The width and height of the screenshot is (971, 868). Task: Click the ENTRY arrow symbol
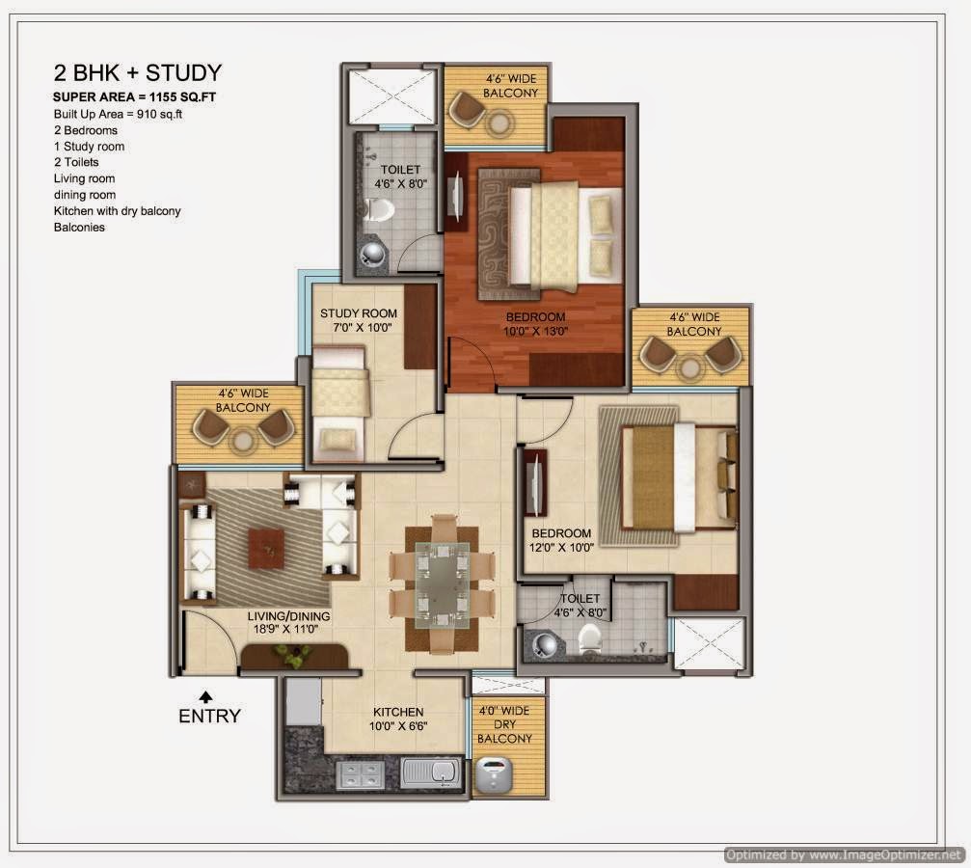[x=206, y=697]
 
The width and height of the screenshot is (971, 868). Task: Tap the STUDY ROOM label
[x=359, y=313]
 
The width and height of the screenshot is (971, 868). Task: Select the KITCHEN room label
[x=398, y=713]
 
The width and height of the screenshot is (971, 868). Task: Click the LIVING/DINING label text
[x=288, y=616]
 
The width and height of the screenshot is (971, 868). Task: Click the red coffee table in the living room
[x=266, y=549]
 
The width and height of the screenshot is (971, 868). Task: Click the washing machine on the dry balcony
[x=494, y=774]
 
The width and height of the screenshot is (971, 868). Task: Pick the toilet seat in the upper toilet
[x=378, y=210]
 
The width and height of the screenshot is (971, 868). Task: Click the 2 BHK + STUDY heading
[x=138, y=73]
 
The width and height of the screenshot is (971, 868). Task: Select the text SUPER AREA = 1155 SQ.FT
[x=134, y=97]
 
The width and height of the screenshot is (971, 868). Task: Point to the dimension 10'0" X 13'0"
[x=536, y=332]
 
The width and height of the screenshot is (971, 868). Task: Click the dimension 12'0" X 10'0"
[x=561, y=548]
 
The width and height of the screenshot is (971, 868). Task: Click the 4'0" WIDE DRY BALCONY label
[x=504, y=725]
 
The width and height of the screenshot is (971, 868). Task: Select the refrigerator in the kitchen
[x=304, y=701]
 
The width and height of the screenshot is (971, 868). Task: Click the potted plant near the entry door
[x=291, y=656]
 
